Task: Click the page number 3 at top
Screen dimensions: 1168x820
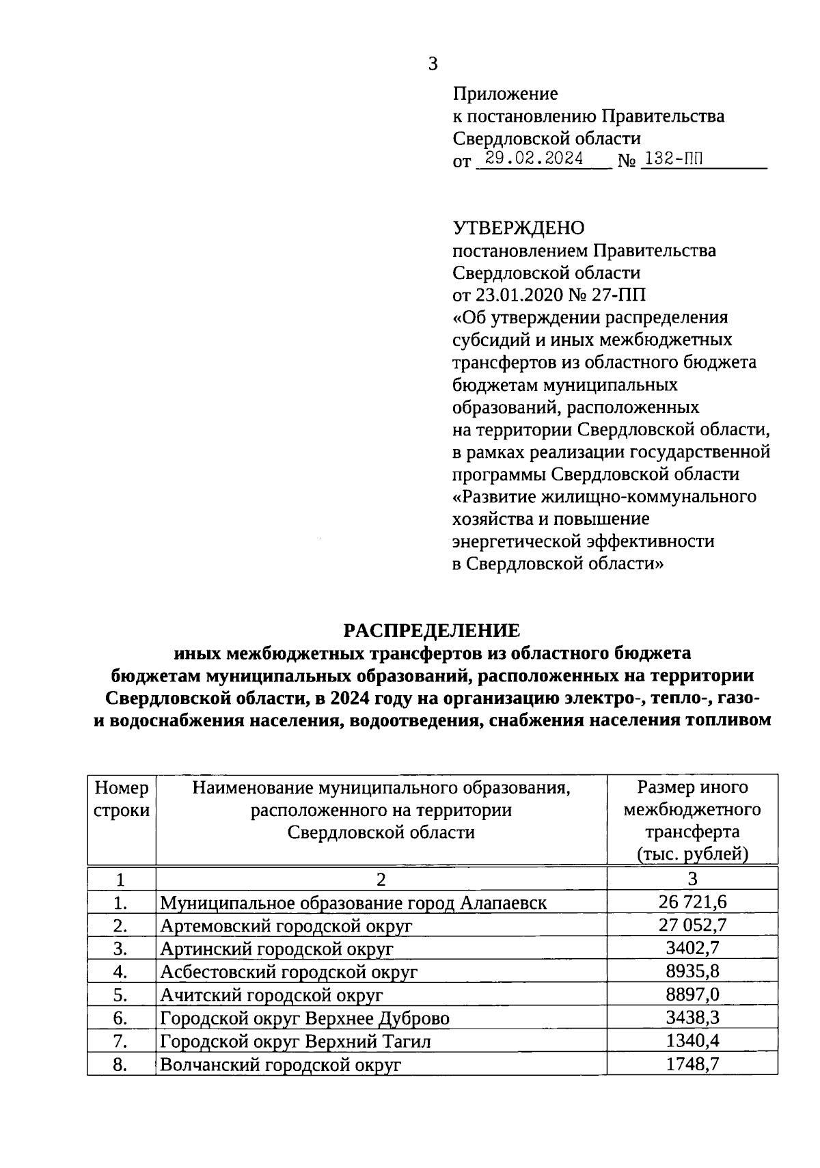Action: coord(432,64)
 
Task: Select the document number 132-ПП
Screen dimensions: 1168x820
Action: coord(673,159)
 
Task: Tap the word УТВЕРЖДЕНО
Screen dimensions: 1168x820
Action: coord(519,228)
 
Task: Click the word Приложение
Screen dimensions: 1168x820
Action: coord(505,94)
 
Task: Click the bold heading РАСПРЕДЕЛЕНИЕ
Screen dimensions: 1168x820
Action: coord(431,630)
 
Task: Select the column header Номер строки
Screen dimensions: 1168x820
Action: coord(122,799)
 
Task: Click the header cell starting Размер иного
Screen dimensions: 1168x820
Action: coord(692,820)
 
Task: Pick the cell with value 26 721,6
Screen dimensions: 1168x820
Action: coord(692,902)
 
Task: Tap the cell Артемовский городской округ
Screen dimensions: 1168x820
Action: coord(286,926)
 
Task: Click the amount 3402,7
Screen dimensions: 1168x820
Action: coord(692,949)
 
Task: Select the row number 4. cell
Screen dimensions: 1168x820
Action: coord(121,972)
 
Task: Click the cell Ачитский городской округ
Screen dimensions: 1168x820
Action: coord(271,995)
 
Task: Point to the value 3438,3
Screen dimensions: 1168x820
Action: coord(692,1018)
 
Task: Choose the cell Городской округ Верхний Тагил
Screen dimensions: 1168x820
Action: coord(295,1042)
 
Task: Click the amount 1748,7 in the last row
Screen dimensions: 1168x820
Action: coord(692,1064)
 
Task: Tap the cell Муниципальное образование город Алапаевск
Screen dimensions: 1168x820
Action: coord(353,903)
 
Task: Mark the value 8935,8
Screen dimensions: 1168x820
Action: coord(692,971)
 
